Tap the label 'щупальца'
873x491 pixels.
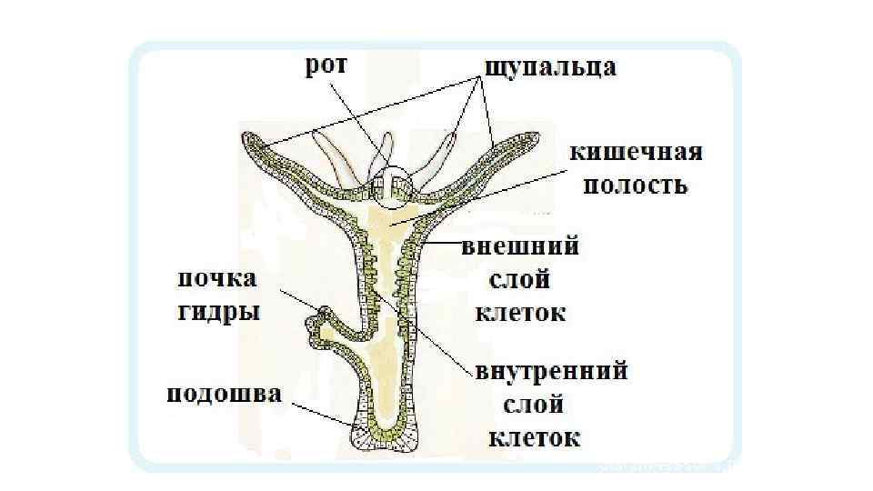coord(550,67)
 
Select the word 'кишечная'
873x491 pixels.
coord(636,152)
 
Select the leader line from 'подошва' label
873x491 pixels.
coord(318,414)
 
